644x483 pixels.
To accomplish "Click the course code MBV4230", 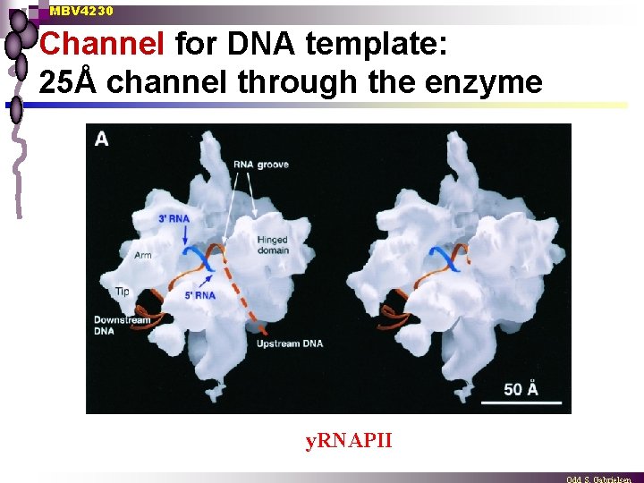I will click(x=81, y=11).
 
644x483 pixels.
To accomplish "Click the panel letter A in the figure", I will click(x=102, y=139).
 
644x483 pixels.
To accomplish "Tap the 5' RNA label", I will click(x=199, y=294).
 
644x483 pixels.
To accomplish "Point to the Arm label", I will click(x=143, y=255).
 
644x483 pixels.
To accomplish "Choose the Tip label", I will click(x=123, y=292).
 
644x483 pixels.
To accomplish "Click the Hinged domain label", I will click(x=272, y=245).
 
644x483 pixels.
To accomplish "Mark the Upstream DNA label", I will click(x=289, y=343).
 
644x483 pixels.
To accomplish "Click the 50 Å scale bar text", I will click(x=521, y=387).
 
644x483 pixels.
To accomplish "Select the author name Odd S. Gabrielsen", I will click(x=598, y=479).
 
